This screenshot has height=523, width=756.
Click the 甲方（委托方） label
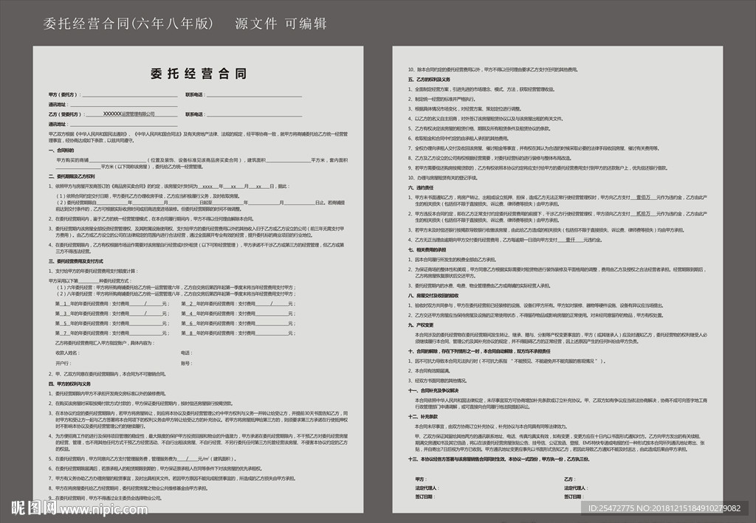(x=62, y=95)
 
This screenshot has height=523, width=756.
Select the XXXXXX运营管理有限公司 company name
(x=129, y=114)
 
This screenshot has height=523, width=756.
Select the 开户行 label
(x=63, y=364)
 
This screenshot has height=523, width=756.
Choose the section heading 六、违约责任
(x=420, y=188)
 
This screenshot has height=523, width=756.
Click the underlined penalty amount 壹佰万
(x=643, y=197)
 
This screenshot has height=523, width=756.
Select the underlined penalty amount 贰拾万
(x=642, y=213)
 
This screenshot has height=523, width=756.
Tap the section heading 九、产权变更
(x=420, y=325)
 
